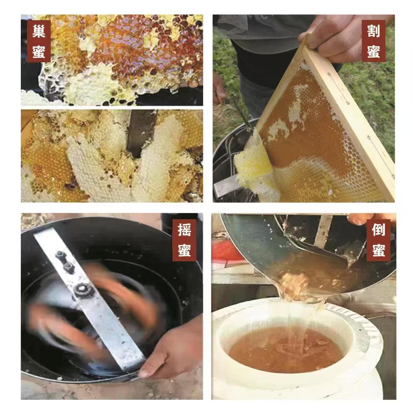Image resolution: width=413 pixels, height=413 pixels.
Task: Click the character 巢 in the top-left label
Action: (39, 31)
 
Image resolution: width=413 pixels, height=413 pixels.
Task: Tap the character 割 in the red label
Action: (373, 31)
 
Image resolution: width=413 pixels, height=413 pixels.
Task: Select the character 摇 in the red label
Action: (184, 230)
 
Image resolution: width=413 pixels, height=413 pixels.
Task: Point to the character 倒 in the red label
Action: (378, 229)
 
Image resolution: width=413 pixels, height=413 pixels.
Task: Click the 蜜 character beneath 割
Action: (373, 51)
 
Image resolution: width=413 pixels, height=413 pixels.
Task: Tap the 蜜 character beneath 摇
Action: (184, 250)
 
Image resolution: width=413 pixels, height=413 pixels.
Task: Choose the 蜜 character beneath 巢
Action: (39, 51)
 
